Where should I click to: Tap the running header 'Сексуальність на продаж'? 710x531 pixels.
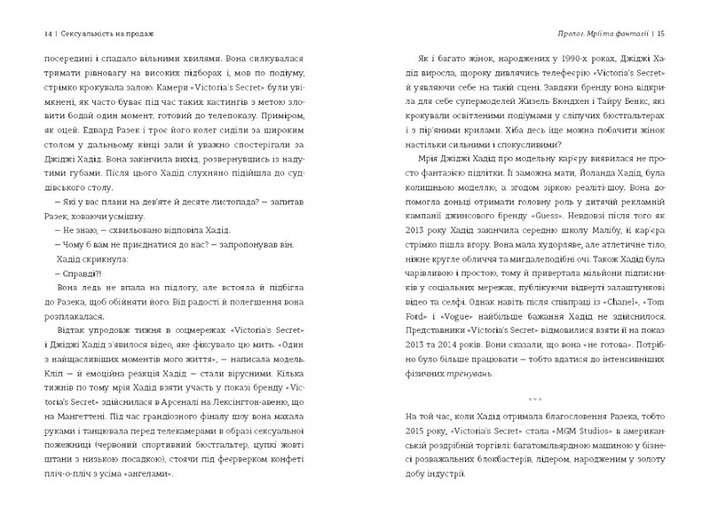click(103, 34)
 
